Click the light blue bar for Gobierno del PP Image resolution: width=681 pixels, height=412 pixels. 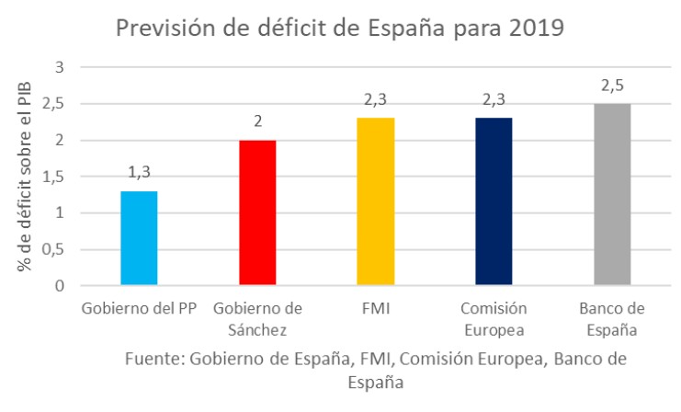tap(139, 238)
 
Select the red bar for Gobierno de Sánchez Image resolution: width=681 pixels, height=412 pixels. tap(256, 212)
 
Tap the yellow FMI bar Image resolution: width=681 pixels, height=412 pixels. tap(375, 201)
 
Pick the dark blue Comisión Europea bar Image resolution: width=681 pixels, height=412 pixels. tap(493, 201)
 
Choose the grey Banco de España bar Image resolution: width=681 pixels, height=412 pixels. tap(611, 194)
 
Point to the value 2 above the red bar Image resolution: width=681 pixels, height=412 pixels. tap(257, 122)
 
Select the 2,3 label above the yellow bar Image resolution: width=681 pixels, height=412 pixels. tap(375, 100)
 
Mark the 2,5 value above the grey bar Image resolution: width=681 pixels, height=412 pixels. tap(611, 86)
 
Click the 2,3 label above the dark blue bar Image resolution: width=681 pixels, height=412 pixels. tap(493, 100)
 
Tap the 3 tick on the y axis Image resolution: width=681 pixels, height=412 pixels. tap(60, 67)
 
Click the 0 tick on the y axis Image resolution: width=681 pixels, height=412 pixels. tap(60, 286)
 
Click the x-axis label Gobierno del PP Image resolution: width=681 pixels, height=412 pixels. tap(138, 307)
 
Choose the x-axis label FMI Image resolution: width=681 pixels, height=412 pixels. tap(375, 307)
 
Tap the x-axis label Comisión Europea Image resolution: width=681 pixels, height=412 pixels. tap(493, 317)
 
